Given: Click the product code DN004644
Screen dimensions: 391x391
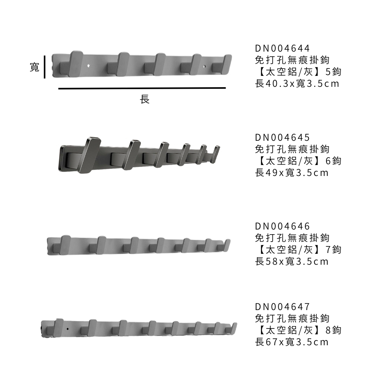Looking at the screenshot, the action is [x=282, y=48].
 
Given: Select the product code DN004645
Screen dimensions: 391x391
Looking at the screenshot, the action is [x=282, y=137].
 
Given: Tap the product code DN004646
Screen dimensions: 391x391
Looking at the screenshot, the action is [x=282, y=226].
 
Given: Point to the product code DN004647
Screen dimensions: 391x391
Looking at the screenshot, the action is [x=282, y=307].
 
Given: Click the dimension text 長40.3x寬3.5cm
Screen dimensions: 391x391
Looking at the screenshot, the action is [x=297, y=84].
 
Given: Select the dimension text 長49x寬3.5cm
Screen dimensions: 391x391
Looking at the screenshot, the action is [x=292, y=172].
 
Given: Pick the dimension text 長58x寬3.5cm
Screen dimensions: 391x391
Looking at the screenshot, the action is [x=292, y=261].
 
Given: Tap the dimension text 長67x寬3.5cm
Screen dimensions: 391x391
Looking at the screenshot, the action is [x=292, y=342].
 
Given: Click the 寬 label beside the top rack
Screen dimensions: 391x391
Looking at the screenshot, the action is [x=34, y=67].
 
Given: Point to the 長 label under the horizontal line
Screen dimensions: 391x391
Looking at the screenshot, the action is [x=144, y=99].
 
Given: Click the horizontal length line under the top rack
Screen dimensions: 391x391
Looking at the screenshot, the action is [x=142, y=88].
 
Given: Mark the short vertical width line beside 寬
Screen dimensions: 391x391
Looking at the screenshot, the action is [x=45, y=67].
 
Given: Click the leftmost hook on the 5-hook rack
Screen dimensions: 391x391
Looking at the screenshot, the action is [x=71, y=64].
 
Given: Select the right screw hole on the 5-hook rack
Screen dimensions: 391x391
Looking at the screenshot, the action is [x=204, y=66].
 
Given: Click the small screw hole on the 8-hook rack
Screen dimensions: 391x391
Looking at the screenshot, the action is [x=68, y=329].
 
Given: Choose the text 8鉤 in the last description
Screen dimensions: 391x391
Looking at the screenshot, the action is [x=334, y=330].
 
